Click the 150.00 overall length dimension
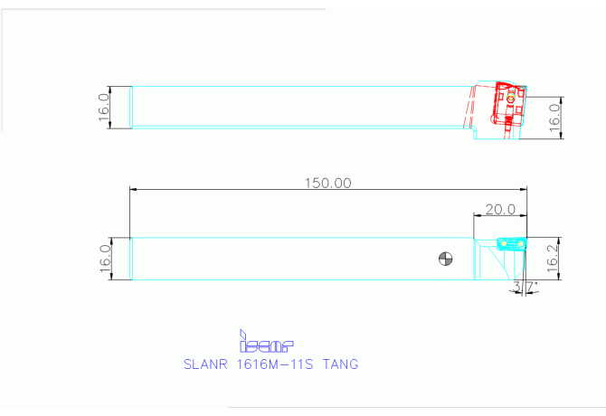click(328, 183)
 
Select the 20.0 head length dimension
click(499, 209)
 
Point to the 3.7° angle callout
click(525, 287)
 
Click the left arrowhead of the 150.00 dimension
click(134, 190)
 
